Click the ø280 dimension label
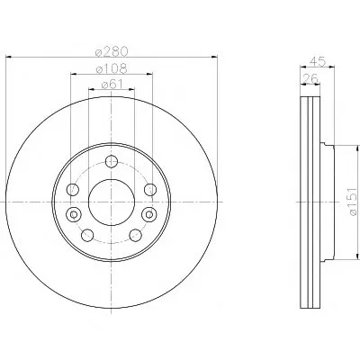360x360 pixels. click(x=112, y=51)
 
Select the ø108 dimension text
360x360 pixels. click(x=112, y=68)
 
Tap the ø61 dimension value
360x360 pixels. click(x=112, y=85)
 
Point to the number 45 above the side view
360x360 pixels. click(x=318, y=61)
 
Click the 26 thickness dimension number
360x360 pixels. click(x=310, y=79)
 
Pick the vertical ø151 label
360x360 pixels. click(x=353, y=202)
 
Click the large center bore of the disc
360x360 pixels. click(x=112, y=202)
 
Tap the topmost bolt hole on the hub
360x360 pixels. click(x=112, y=161)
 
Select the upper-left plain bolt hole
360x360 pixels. click(x=73, y=190)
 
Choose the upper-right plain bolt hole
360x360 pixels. click(x=150, y=190)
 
